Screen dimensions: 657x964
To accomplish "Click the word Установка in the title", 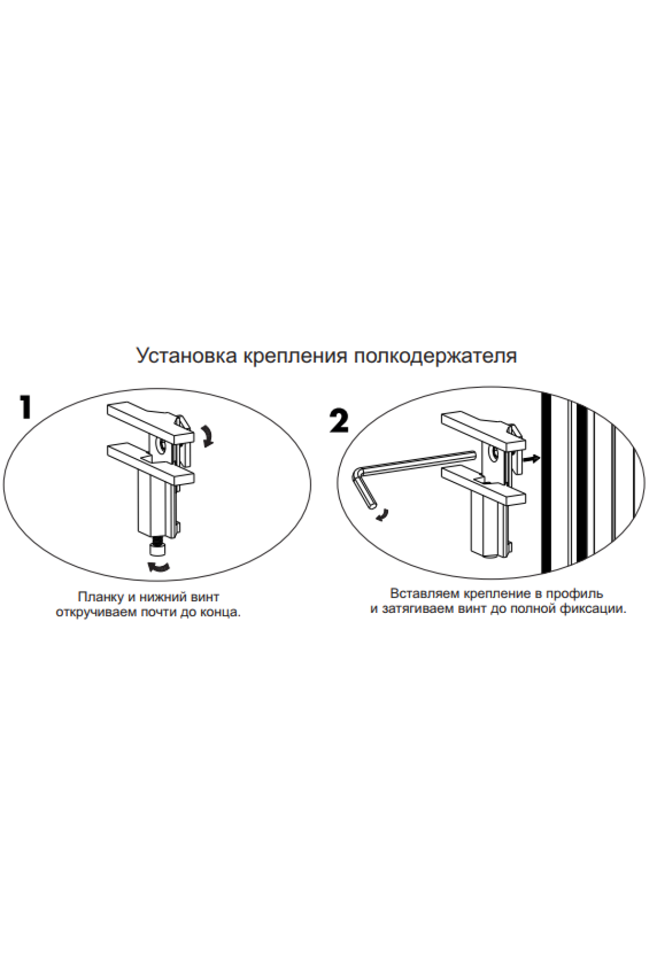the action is pyautogui.click(x=187, y=355).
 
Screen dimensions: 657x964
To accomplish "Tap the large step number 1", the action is pyautogui.click(x=25, y=407).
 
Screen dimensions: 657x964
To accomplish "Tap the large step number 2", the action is pyautogui.click(x=339, y=421).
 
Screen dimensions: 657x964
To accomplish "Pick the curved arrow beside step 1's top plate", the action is pyautogui.click(x=207, y=436).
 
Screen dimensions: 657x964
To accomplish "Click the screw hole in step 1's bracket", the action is pyautogui.click(x=163, y=446).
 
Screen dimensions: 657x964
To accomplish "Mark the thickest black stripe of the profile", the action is pyautogui.click(x=546, y=482).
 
